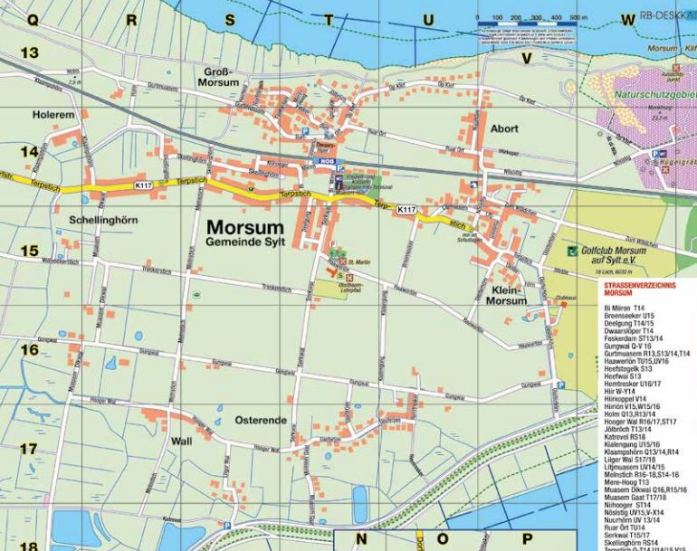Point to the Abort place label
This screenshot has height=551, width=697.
[503, 128]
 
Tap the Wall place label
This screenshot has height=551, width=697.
[182, 442]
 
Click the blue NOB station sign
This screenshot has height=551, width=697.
[325, 160]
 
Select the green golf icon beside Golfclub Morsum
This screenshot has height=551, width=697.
[571, 251]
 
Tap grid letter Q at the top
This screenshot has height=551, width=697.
[33, 19]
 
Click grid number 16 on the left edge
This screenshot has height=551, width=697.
[29, 350]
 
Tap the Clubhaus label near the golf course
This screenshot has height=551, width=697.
[567, 298]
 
